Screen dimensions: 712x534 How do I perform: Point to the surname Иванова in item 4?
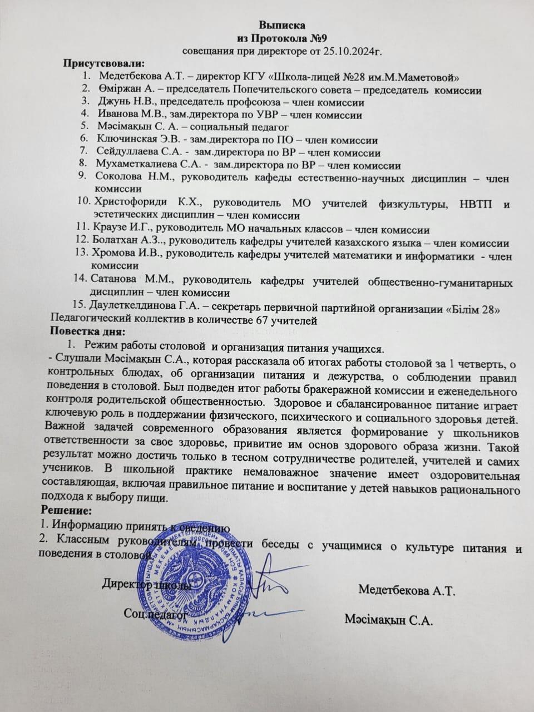(118, 115)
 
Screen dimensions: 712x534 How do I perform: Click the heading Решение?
(67, 510)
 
